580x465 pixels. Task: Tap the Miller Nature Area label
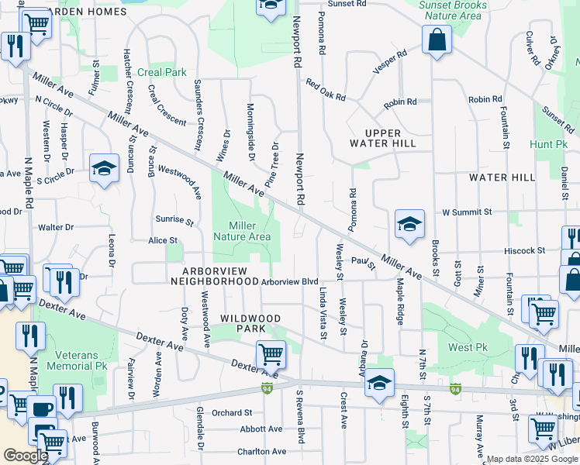[242, 231]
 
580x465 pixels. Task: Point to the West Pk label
[469, 348]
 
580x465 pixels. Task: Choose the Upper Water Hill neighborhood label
[380, 138]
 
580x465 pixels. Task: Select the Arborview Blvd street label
[290, 282]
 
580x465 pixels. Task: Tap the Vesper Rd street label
[389, 62]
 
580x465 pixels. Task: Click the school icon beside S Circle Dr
[103, 169]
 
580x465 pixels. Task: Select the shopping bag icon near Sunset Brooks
[437, 40]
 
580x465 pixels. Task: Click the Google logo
[26, 456]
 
